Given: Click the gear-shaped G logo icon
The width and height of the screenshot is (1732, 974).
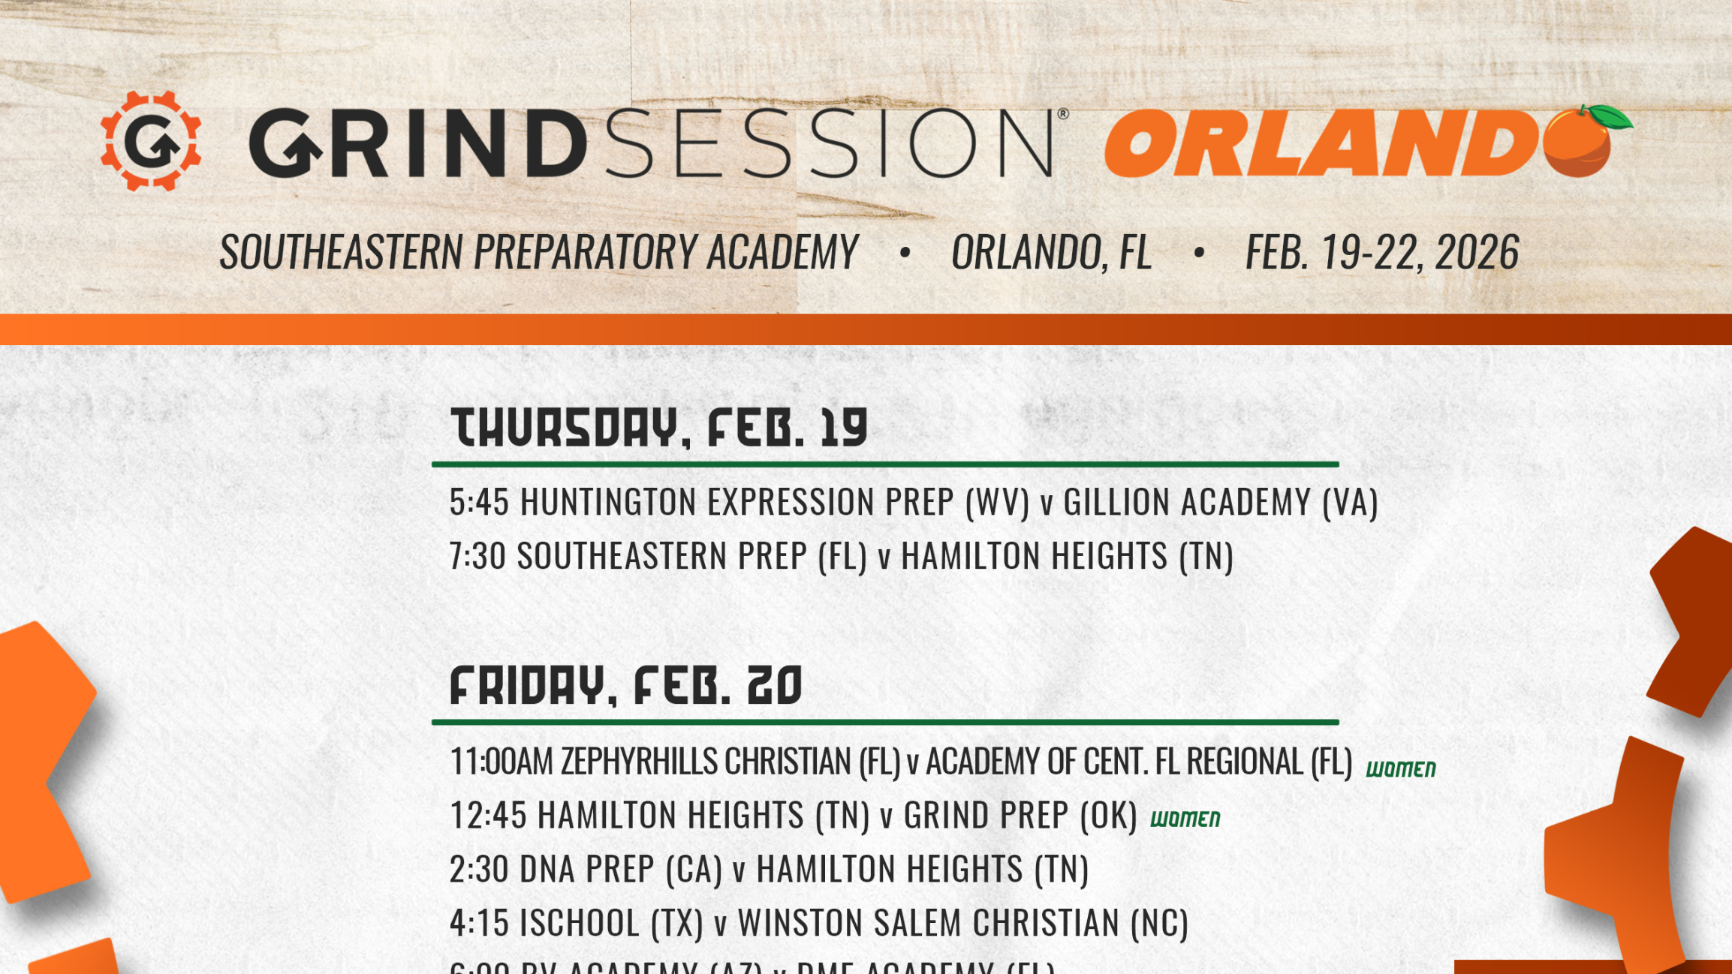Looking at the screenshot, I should (x=151, y=141).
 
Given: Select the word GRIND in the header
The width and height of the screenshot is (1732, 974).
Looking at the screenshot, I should (x=417, y=143).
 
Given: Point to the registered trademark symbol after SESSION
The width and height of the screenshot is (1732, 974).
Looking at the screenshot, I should (x=1062, y=114).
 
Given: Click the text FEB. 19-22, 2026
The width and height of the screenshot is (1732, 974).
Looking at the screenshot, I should (x=1381, y=252).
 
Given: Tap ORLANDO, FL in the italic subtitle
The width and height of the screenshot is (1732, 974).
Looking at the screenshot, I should (x=1051, y=252).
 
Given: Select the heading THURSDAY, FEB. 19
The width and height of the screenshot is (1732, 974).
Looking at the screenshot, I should (x=658, y=428).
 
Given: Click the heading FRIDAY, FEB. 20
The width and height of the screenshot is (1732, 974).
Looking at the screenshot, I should (x=625, y=685).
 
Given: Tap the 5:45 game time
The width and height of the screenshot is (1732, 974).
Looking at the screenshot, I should (x=479, y=502).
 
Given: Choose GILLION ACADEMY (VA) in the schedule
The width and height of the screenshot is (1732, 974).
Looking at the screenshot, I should (x=1220, y=502).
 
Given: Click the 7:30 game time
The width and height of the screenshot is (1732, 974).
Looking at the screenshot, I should (x=477, y=556).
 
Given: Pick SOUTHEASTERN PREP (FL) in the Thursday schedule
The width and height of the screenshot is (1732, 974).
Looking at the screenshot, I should (x=691, y=556).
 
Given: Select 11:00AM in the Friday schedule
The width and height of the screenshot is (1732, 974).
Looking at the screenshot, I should (x=501, y=762).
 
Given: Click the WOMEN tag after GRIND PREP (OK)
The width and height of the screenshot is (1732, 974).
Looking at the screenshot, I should (x=1185, y=819).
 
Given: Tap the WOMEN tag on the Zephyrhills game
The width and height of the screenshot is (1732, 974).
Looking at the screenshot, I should (x=1400, y=769).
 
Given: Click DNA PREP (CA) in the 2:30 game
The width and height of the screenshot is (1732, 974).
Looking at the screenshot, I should (x=620, y=870).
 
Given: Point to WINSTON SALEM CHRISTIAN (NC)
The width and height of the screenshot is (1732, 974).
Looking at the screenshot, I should (x=962, y=923).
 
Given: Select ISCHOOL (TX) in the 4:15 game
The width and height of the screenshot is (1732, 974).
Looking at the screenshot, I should (x=611, y=923).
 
